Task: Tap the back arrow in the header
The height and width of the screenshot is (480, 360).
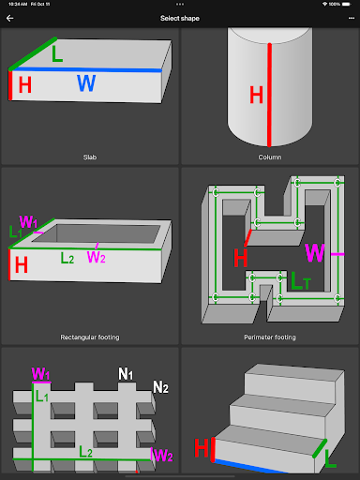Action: coord(9,19)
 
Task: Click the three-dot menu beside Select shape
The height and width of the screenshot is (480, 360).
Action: coord(352,18)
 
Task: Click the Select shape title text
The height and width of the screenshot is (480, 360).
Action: coord(180,19)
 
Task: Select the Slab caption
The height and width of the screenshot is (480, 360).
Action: coord(90,157)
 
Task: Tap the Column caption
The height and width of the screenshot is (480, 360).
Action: coord(270,157)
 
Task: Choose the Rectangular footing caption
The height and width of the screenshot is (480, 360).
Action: coord(90,337)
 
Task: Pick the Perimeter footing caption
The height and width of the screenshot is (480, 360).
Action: coord(270,337)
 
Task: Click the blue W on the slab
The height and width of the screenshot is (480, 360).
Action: coord(86,83)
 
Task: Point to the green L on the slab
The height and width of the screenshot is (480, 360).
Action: coord(57,53)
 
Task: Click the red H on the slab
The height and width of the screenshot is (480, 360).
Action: coord(25,84)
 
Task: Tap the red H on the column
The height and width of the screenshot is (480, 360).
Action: coord(256,95)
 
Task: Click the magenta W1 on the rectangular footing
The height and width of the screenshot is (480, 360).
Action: coord(28,221)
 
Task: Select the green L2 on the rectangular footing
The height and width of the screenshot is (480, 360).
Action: coord(67,258)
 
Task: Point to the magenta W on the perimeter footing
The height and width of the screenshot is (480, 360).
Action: coord(315,252)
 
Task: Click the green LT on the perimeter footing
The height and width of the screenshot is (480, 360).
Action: coord(301,280)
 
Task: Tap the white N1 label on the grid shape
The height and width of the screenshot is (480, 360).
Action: coord(126,374)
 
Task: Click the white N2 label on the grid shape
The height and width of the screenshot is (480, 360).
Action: coord(160,387)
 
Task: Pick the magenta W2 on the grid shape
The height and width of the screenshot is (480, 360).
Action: coord(163,456)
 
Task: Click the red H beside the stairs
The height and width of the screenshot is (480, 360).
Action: coord(202,447)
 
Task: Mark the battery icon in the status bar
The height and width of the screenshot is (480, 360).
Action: coord(347,4)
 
